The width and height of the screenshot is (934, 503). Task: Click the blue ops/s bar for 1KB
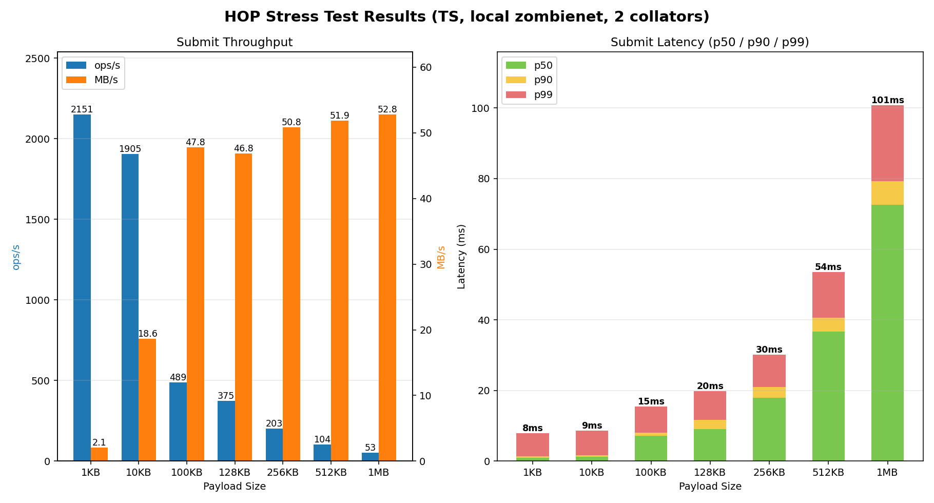pyautogui.click(x=82, y=287)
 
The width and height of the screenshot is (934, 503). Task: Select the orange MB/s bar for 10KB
pyautogui.click(x=147, y=400)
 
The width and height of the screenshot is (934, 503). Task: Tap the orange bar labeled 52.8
pyautogui.click(x=387, y=287)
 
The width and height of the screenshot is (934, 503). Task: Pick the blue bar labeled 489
pyautogui.click(x=178, y=421)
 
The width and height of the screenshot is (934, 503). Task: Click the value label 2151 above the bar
pyautogui.click(x=82, y=109)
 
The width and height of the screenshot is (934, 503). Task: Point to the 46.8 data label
pyautogui.click(x=244, y=148)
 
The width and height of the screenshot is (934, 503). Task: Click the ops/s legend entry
pyautogui.click(x=93, y=65)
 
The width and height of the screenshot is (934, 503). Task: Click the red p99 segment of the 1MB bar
pyautogui.click(x=887, y=143)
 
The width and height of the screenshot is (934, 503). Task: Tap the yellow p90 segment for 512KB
pyautogui.click(x=828, y=324)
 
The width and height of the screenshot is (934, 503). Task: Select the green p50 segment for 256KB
pyautogui.click(x=769, y=429)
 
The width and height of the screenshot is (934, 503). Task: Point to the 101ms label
pyautogui.click(x=887, y=100)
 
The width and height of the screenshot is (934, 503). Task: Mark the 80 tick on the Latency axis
pyautogui.click(x=478, y=179)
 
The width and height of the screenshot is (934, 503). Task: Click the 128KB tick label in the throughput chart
pyautogui.click(x=235, y=473)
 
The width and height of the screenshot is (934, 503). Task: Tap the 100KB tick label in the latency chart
pyautogui.click(x=651, y=473)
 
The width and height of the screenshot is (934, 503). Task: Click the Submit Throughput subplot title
pyautogui.click(x=235, y=42)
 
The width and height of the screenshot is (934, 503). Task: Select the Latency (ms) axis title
pyautogui.click(x=461, y=256)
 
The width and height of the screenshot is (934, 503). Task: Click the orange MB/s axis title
pyautogui.click(x=441, y=257)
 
